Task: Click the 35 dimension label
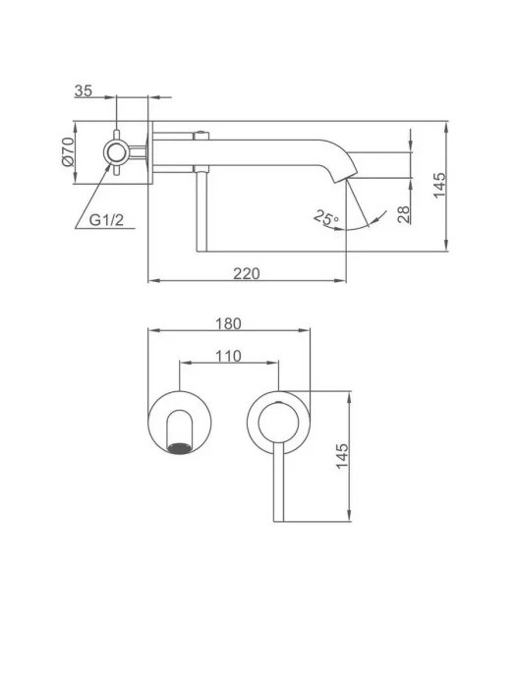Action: [x=84, y=90]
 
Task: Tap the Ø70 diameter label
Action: [x=68, y=151]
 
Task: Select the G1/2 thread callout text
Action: [x=106, y=220]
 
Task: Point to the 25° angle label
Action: [x=326, y=218]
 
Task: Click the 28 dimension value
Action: [x=404, y=214]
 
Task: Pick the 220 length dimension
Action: [x=246, y=273]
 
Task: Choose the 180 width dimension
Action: [x=228, y=323]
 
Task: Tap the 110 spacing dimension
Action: [x=228, y=356]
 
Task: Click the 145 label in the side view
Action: [x=439, y=185]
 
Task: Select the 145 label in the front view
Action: [x=342, y=456]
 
